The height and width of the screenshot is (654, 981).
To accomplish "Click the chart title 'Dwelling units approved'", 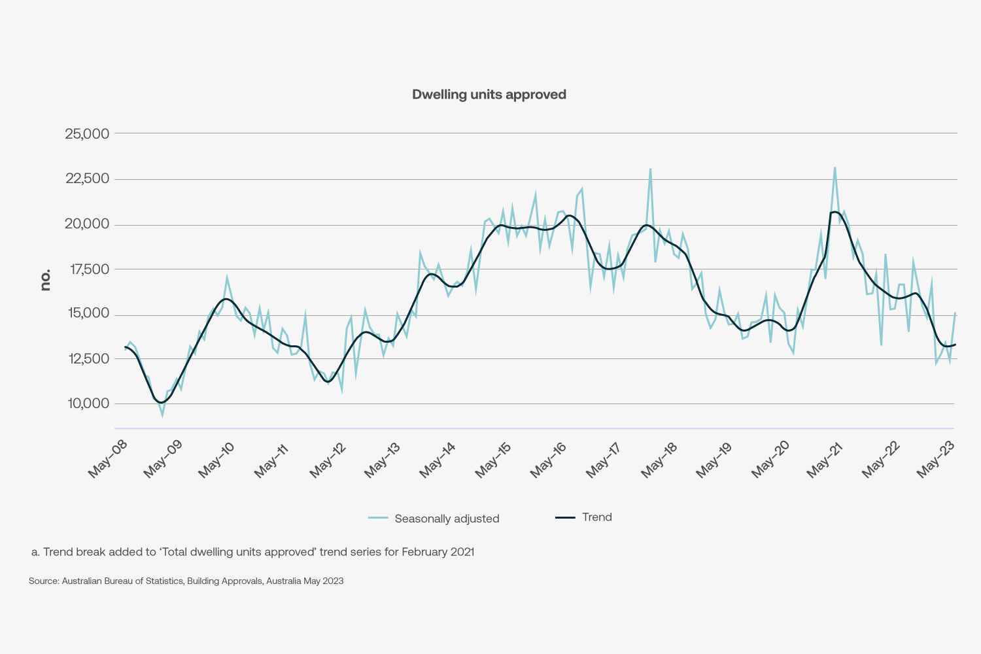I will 489,95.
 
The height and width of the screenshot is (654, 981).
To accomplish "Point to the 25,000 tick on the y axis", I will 87,134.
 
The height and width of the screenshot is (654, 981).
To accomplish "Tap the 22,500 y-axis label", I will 87,179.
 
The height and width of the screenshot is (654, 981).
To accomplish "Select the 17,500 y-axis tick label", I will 87,269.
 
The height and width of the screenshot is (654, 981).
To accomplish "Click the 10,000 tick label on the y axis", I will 87,404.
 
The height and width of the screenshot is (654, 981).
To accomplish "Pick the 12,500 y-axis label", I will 87,359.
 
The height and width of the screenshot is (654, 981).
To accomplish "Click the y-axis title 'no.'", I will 45,280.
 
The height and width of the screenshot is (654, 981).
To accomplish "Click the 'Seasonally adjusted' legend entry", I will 447,519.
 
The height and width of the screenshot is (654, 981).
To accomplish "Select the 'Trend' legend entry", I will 596,517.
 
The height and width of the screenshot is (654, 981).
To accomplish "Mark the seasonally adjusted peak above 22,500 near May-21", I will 835,167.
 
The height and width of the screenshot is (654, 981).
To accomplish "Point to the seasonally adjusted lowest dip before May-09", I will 162,415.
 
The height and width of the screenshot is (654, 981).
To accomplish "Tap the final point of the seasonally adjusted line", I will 955,313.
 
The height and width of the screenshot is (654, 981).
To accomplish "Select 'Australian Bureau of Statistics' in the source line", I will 122,581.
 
